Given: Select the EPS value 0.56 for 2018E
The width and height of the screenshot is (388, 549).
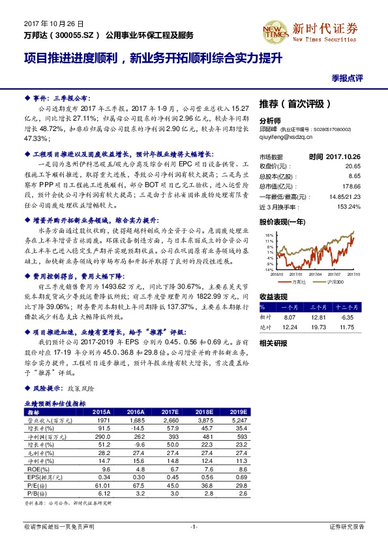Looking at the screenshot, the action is coord(206,476).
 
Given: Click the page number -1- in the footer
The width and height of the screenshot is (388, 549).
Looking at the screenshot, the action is coord(194,526).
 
